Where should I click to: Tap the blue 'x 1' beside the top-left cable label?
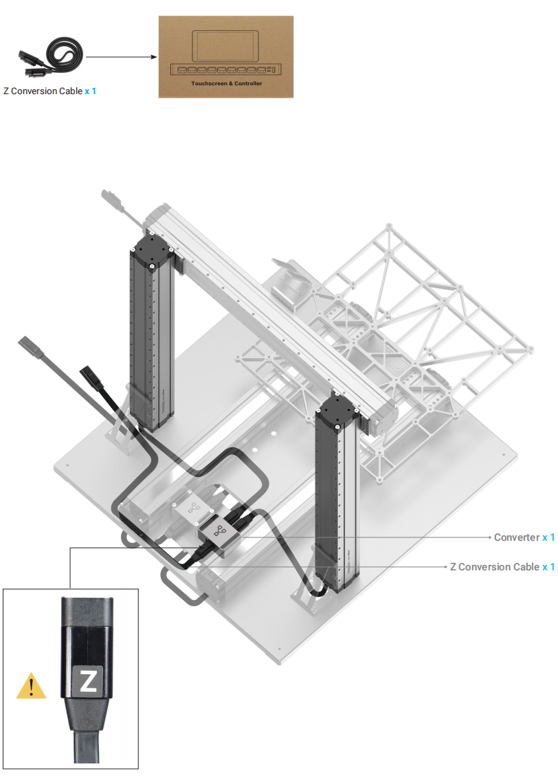(90, 91)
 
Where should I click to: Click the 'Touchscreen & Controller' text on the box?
(226, 83)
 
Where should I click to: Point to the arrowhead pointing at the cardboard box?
(154, 57)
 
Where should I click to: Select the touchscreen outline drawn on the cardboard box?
(226, 46)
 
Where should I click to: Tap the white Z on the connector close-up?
(88, 680)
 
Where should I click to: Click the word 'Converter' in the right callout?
(517, 537)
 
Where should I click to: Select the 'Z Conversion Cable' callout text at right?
(494, 566)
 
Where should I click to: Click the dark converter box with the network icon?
(219, 537)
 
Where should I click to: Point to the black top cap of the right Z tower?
(337, 412)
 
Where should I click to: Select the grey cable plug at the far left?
(31, 346)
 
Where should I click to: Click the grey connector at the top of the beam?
(112, 199)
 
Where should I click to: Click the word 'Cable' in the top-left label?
(70, 91)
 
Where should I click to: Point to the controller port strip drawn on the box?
(226, 69)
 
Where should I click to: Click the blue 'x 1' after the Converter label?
(548, 537)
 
